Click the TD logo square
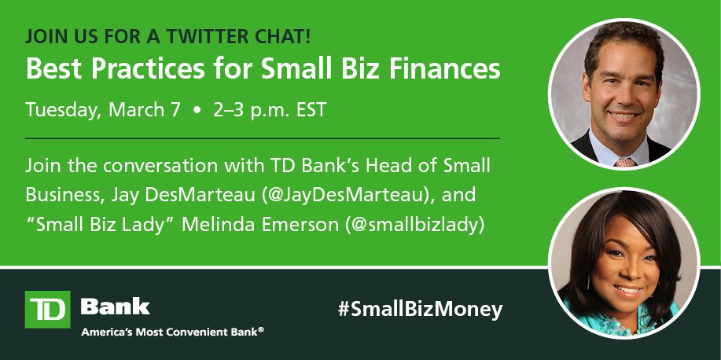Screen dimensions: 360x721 click(47, 309)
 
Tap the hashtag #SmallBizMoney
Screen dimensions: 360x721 click(420, 309)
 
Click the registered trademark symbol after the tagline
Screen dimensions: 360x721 click(261, 329)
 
